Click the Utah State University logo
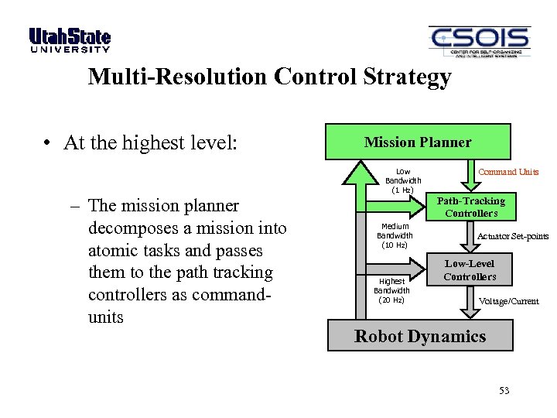pos(70,40)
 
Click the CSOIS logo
pos(479,42)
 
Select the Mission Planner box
pos(418,142)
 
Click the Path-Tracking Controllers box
pos(470,207)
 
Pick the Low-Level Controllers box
pos(470,270)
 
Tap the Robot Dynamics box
pos(419,336)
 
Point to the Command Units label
pos(508,172)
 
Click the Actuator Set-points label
pos(513,236)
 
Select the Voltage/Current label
pos(508,301)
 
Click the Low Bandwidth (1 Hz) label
pos(403,180)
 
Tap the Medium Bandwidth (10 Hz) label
pos(395,235)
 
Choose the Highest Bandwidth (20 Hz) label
pos(391,290)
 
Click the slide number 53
pos(504,391)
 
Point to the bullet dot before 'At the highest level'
pos(48,144)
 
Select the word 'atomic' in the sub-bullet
pos(114,251)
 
